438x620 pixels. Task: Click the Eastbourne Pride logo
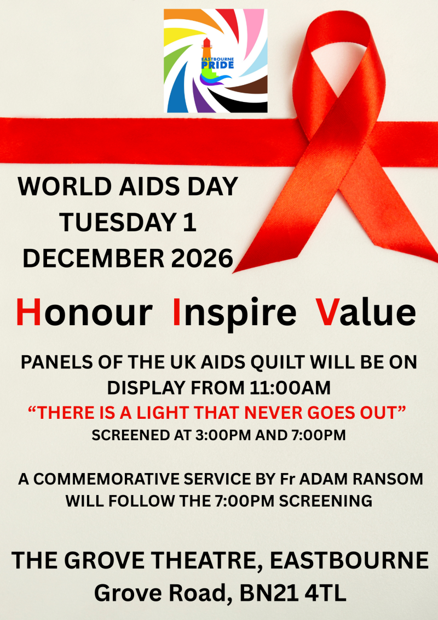216,61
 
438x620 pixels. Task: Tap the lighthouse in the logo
206,55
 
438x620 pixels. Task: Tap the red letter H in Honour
28,312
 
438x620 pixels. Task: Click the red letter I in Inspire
176,312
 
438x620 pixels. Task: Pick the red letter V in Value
327,312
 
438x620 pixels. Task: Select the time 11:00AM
290,388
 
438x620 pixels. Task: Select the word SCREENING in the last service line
325,501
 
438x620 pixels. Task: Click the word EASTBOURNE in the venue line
349,561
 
